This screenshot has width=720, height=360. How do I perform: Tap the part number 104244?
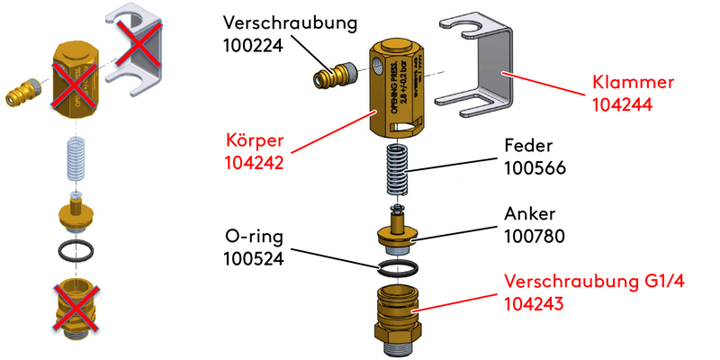621,104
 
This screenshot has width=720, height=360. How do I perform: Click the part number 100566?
535,167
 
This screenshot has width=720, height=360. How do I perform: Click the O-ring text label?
253,238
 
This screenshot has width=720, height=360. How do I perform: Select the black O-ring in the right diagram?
397,267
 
